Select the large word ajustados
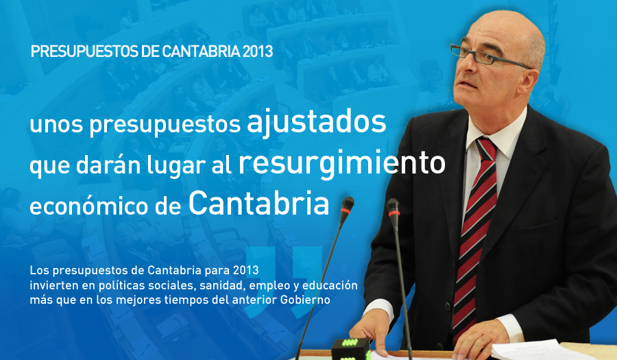316,122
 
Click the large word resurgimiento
341,164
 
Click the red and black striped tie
474,236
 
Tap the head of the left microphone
347,206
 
